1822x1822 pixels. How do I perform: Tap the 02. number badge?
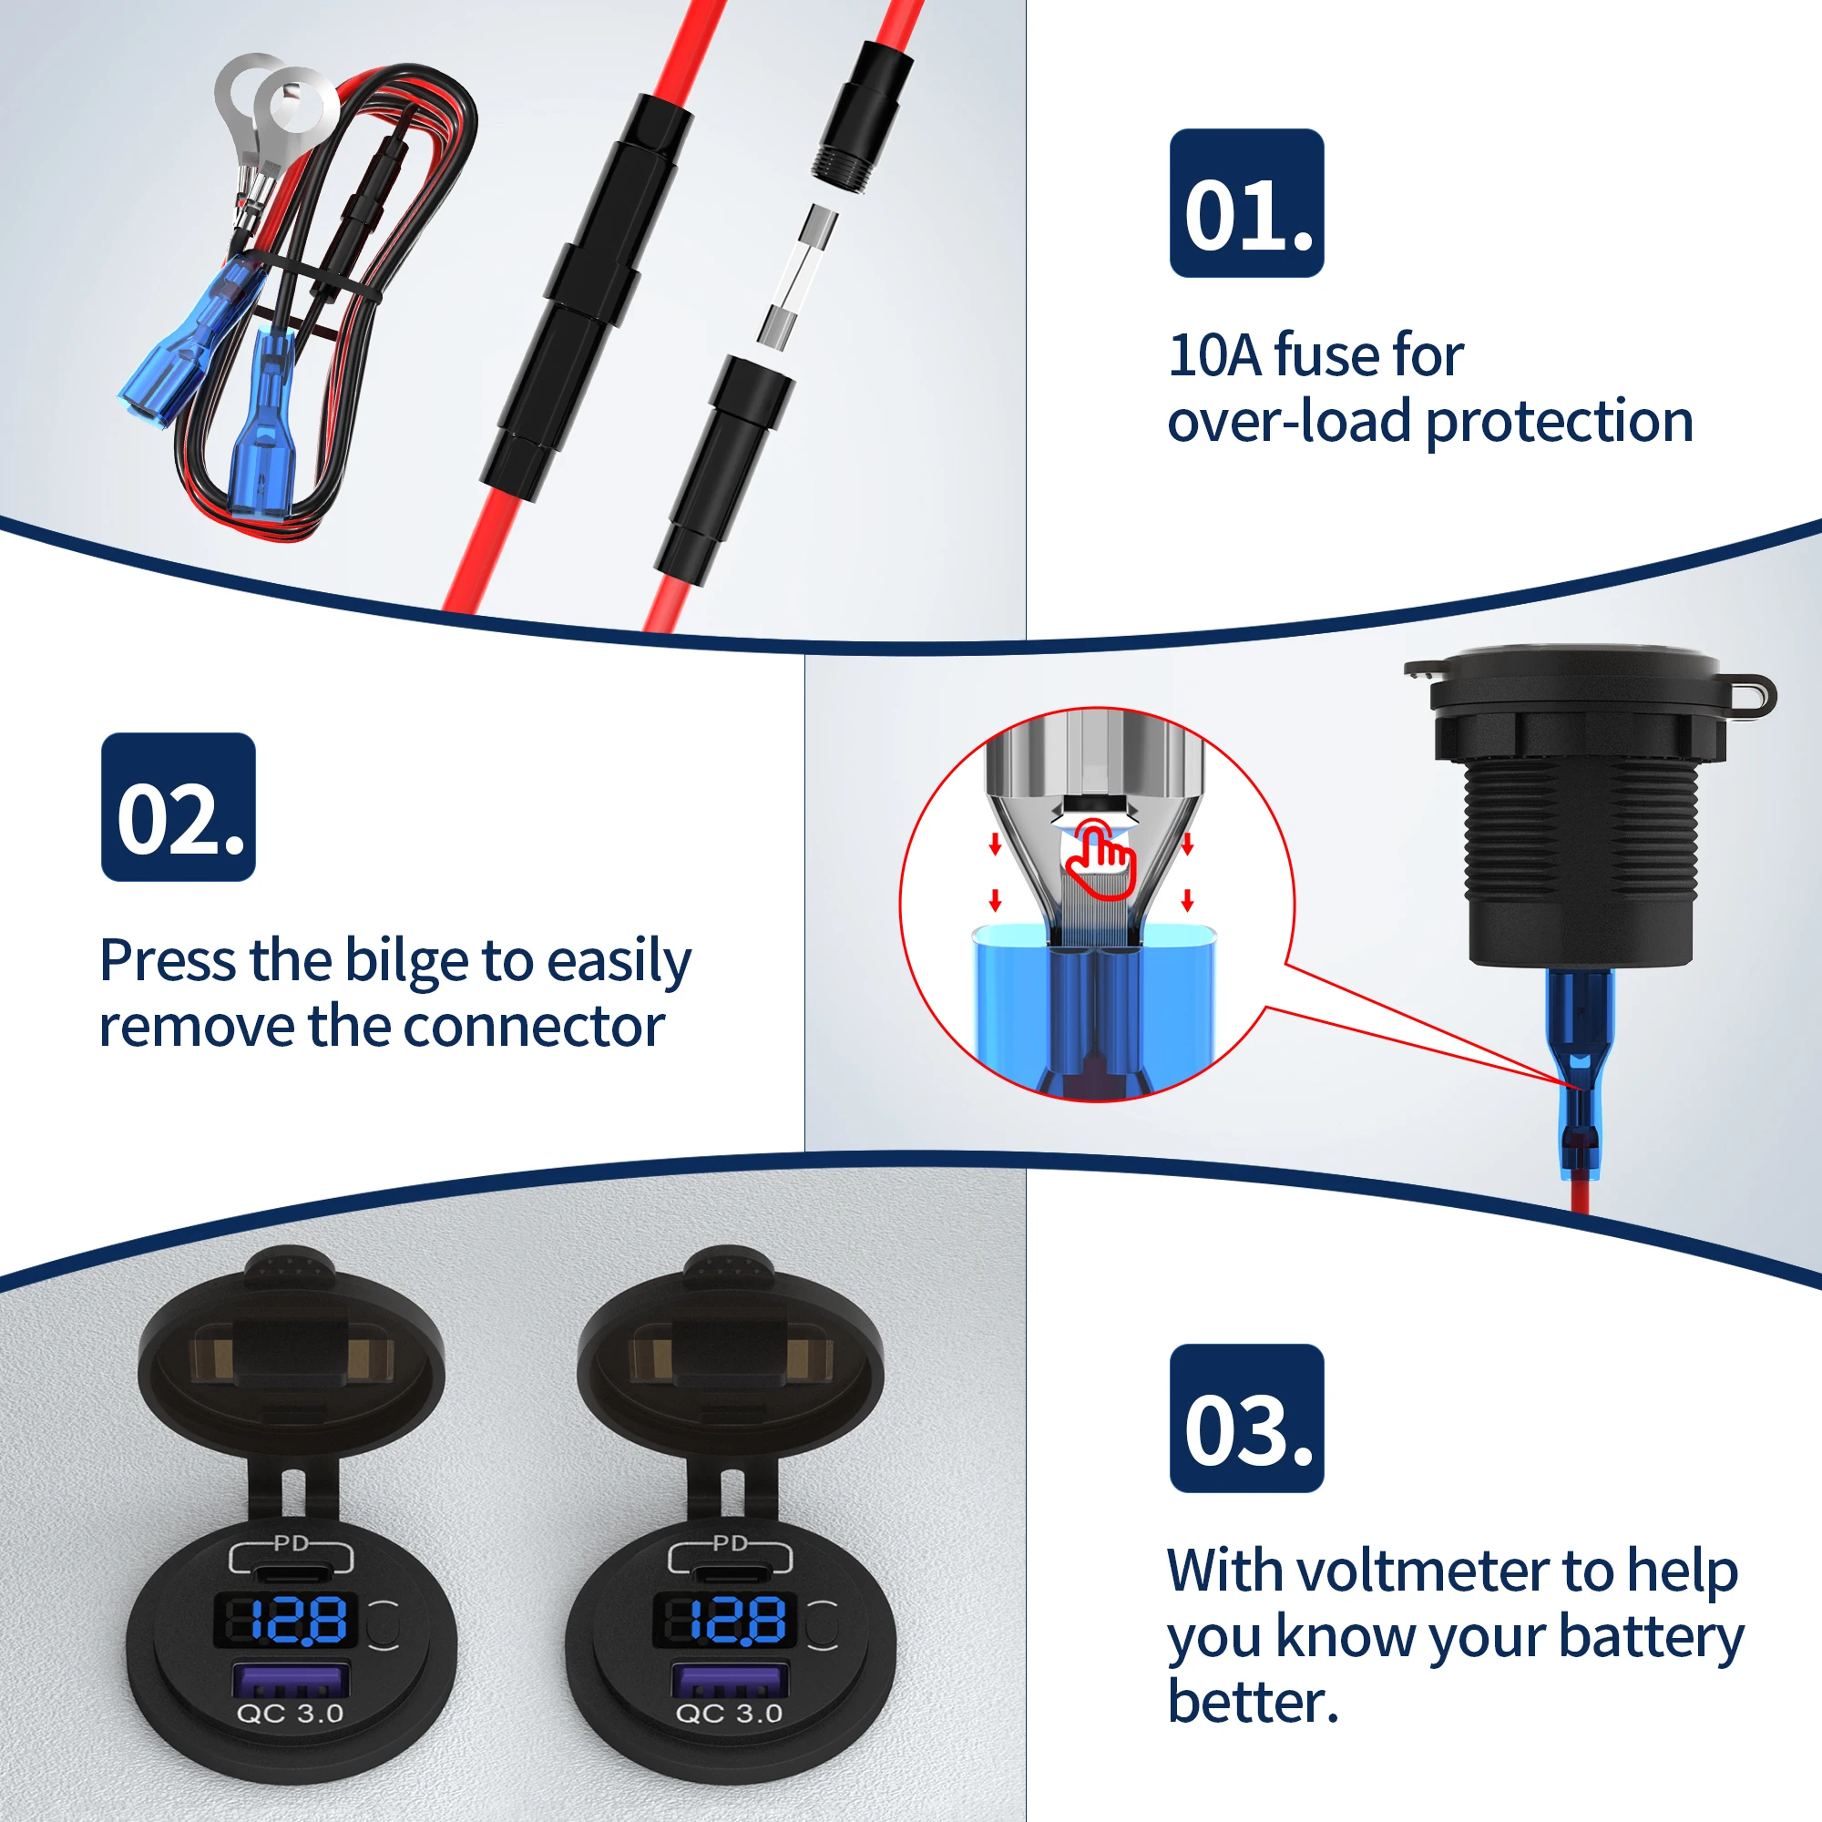click(x=179, y=807)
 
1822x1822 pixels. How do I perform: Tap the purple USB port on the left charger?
click(x=291, y=1682)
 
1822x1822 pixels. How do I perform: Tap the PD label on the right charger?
click(x=730, y=1544)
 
